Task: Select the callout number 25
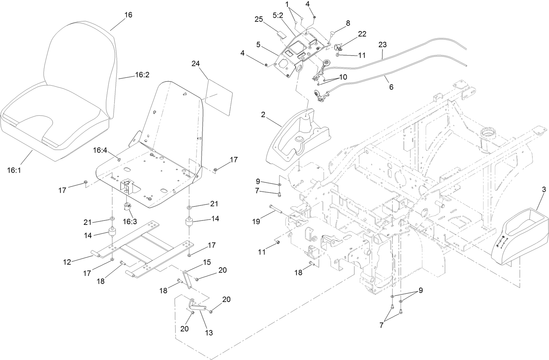tap(259, 19)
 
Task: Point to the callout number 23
tap(382, 44)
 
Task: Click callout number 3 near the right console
tap(544, 190)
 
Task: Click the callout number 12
tap(67, 262)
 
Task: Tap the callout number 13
tap(209, 333)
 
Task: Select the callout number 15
tap(207, 262)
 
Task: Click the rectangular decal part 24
tap(219, 97)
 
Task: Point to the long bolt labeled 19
tap(276, 210)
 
